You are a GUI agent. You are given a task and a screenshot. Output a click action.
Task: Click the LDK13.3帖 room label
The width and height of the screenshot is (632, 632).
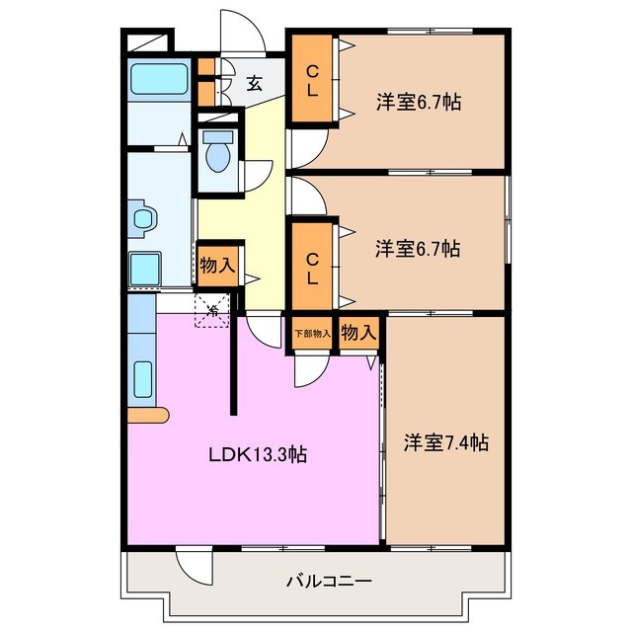click(258, 454)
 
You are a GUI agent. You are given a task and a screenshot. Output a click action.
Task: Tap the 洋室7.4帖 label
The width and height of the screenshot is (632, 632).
click(446, 442)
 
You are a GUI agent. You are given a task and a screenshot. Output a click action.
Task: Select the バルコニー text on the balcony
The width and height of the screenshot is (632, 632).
click(329, 581)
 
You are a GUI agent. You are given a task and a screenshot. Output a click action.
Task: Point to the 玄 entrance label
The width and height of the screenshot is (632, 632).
click(255, 83)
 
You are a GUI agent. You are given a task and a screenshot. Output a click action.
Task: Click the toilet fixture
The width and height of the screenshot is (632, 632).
click(218, 151)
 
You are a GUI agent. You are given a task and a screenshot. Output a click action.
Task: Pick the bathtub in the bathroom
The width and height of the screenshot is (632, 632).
click(160, 79)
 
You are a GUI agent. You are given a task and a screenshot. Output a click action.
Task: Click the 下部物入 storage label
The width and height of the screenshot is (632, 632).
click(313, 334)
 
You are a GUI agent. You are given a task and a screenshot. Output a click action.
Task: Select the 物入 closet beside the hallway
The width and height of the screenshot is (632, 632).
click(217, 266)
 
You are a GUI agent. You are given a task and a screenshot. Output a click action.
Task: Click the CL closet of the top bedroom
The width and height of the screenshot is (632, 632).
click(312, 79)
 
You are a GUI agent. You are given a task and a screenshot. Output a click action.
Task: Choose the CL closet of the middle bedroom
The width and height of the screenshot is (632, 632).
click(312, 267)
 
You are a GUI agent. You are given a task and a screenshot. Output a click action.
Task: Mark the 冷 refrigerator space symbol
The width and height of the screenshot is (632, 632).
click(212, 310)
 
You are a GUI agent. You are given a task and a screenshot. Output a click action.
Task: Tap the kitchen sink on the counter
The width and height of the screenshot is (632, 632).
click(143, 379)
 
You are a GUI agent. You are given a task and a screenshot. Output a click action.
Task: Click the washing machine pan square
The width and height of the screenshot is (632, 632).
click(145, 269)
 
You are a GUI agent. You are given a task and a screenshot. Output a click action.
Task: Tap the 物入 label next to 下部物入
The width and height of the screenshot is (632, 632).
click(358, 333)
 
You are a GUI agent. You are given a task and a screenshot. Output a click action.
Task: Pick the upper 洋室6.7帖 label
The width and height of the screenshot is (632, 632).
click(419, 102)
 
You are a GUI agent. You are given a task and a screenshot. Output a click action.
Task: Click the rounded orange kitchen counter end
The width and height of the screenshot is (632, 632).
click(148, 415)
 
